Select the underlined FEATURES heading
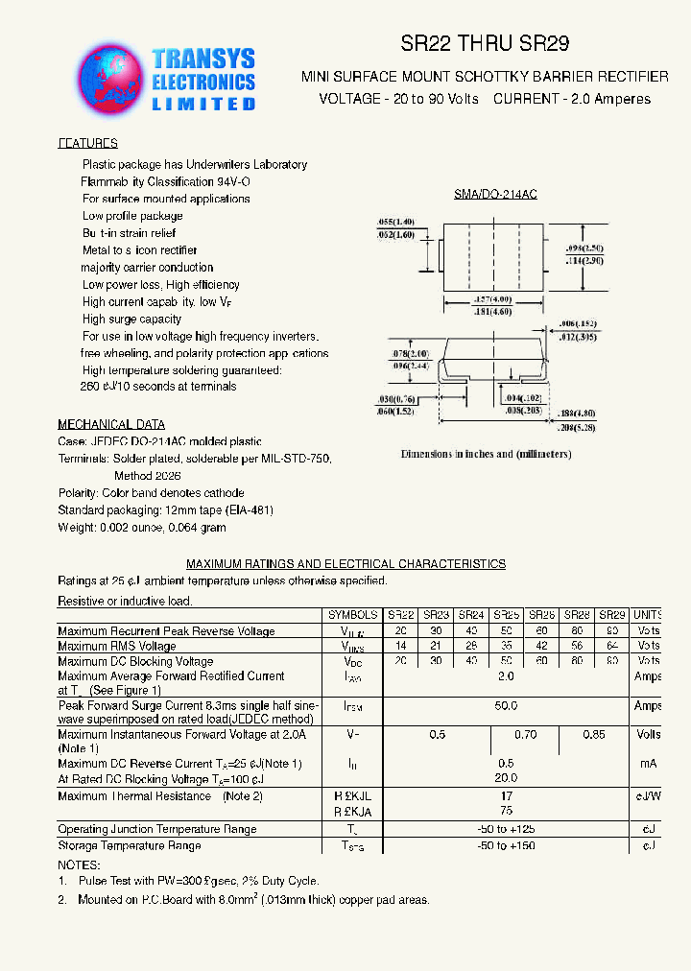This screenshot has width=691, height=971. pos(88,144)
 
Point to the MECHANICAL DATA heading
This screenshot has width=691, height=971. pos(111,424)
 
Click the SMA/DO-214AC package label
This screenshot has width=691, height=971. pos(495,195)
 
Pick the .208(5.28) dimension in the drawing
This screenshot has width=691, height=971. pos(576,425)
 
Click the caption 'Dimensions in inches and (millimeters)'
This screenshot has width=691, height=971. pos(486,454)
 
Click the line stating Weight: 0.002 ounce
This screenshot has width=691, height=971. pos(142,528)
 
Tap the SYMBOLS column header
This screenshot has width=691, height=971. pos(352,614)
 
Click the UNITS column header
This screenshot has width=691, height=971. pos(647,614)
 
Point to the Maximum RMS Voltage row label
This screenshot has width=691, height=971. pos(117,647)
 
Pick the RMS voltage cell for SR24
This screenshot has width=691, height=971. pos(470,646)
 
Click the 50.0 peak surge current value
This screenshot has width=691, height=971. pos(506,705)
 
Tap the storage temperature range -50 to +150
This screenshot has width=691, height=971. pos(506,845)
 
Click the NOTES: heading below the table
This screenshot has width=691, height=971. pos(79,864)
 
